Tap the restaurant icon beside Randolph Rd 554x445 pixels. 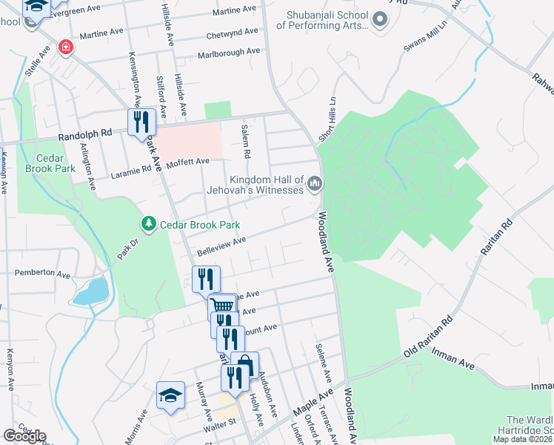click(141, 122)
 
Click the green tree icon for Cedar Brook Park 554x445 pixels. click(148, 224)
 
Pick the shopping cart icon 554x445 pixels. click(223, 306)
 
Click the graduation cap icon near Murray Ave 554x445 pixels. click(170, 395)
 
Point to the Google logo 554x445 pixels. click(24, 436)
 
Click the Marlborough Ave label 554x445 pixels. click(229, 53)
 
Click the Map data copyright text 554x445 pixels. click(522, 439)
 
